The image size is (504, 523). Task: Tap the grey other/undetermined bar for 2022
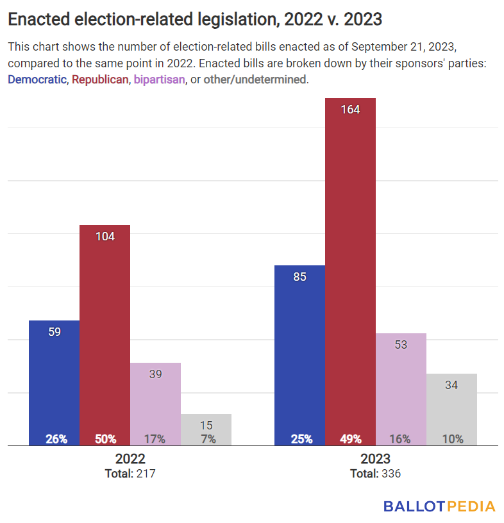tap(206, 429)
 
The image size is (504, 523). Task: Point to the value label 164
tap(350, 110)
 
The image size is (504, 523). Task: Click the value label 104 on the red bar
tap(105, 237)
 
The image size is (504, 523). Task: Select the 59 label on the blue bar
tap(55, 332)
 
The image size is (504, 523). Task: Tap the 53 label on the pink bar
tap(401, 344)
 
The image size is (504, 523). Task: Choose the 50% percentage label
tap(105, 439)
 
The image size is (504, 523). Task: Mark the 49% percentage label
tap(350, 439)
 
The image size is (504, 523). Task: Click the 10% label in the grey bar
tap(452, 439)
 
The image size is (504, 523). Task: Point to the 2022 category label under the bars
tap(130, 459)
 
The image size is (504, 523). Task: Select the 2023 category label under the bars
tap(375, 459)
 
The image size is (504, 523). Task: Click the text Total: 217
tap(130, 474)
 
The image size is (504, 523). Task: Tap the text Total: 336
tap(375, 474)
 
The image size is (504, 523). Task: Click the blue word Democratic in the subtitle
tap(37, 80)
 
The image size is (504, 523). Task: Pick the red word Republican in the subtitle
tap(100, 80)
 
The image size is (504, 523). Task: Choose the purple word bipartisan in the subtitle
tap(159, 80)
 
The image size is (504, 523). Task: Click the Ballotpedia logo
tap(439, 506)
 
